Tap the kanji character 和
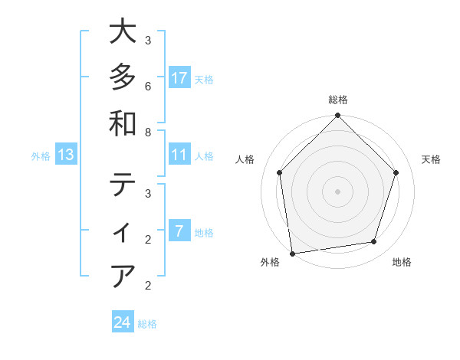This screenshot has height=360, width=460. point(123,123)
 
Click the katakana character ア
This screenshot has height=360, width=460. point(123,275)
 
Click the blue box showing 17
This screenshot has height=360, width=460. point(179,78)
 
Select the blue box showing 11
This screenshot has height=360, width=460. point(179,155)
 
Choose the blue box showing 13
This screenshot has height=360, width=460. point(66,155)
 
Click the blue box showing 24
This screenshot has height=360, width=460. point(122,322)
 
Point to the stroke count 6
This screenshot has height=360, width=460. point(148,86)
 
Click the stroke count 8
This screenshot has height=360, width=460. point(148,132)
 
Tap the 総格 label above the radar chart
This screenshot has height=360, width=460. point(338,100)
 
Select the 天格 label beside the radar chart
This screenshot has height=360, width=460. point(431,159)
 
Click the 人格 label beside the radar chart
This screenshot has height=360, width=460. point(246,159)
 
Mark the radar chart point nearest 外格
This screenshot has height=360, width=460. point(292,253)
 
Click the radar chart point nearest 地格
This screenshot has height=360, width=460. point(374,242)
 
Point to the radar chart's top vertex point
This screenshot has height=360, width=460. point(338,116)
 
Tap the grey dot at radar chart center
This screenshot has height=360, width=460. point(338,191)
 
